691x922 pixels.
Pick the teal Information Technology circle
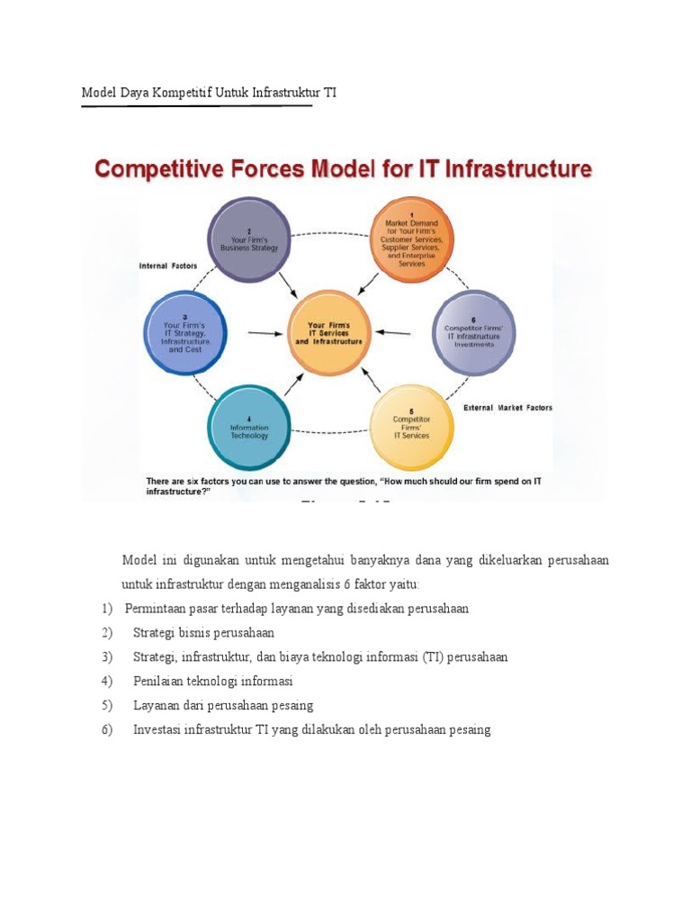(249, 426)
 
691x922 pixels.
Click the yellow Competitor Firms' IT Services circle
(411, 426)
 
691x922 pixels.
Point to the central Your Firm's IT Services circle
(329, 333)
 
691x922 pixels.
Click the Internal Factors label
(167, 266)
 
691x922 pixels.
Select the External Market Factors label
(507, 407)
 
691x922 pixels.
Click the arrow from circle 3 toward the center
(264, 333)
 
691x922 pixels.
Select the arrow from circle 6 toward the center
(394, 332)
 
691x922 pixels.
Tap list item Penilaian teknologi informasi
(212, 681)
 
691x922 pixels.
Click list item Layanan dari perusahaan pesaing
(222, 705)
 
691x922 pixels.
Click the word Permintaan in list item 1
(158, 608)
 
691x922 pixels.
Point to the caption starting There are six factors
(344, 487)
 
